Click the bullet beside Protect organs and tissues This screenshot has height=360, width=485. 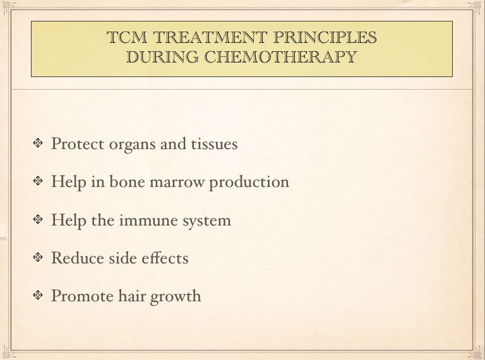point(39,143)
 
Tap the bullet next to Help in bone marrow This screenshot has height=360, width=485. point(39,182)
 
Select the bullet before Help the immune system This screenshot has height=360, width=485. point(39,220)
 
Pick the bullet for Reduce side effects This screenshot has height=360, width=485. point(39,258)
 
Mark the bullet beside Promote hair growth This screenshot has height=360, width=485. point(39,296)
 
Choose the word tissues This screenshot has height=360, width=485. point(214,143)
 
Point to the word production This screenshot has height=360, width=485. point(249,183)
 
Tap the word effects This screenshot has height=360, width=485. point(165,258)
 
